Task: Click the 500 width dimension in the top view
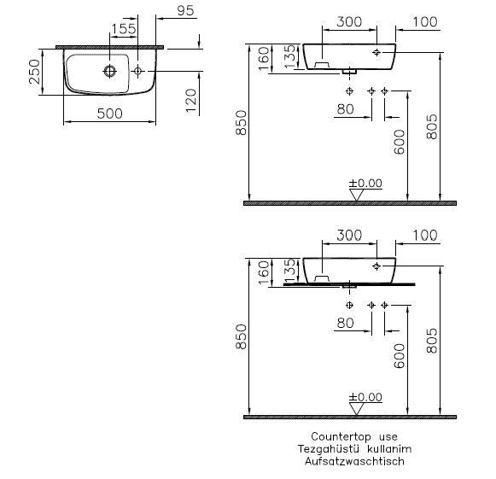[x=110, y=114]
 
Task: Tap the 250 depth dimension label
[x=35, y=72]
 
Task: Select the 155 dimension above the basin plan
[x=124, y=29]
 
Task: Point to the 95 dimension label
[x=185, y=10]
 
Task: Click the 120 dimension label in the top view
[x=191, y=101]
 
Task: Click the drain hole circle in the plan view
[x=110, y=71]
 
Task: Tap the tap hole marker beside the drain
[x=137, y=71]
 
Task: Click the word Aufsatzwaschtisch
[x=354, y=461]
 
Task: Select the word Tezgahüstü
[x=329, y=449]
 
